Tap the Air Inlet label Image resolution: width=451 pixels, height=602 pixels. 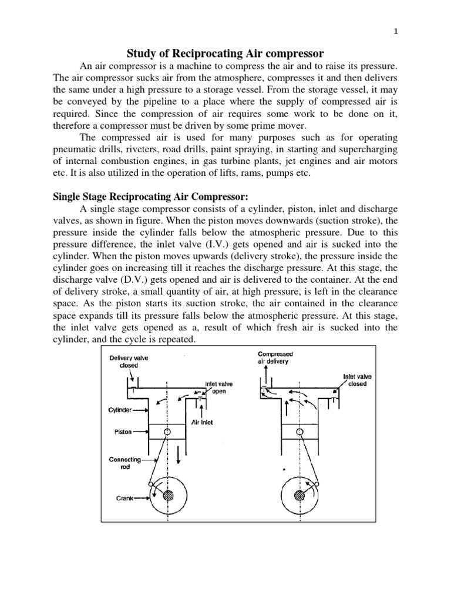tap(202, 422)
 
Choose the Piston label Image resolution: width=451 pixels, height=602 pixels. tap(122, 432)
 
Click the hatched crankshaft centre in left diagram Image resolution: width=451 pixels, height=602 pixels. tap(169, 494)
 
